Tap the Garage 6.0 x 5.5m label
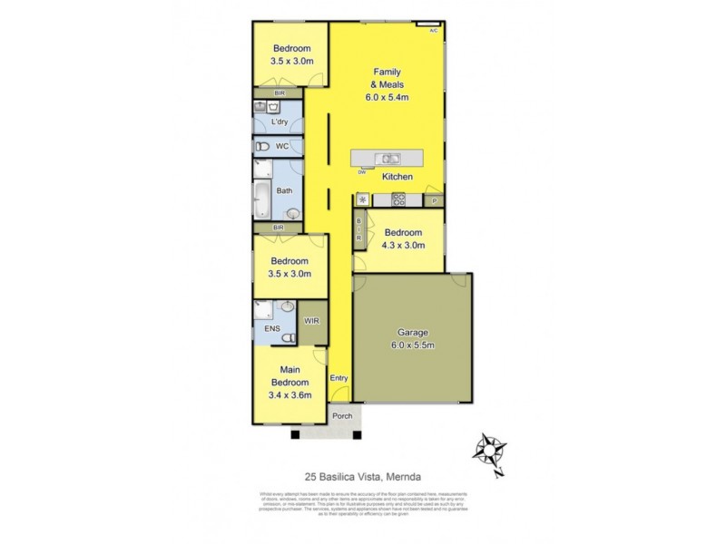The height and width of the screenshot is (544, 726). pos(412,338)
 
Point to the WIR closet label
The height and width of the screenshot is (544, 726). pos(313,321)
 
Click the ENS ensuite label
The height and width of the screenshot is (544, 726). pos(272,328)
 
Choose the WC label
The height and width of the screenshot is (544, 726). pos(282,146)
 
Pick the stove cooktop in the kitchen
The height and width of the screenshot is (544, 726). pos(397,199)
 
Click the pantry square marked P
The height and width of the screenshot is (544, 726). pos(434,200)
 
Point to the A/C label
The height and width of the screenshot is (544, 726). pos(433,31)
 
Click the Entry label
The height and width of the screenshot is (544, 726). pos(338,378)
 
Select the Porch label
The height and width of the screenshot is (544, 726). pos(342,416)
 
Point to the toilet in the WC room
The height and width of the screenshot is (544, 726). pos(263,146)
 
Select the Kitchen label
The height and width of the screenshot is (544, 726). pos(397,177)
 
